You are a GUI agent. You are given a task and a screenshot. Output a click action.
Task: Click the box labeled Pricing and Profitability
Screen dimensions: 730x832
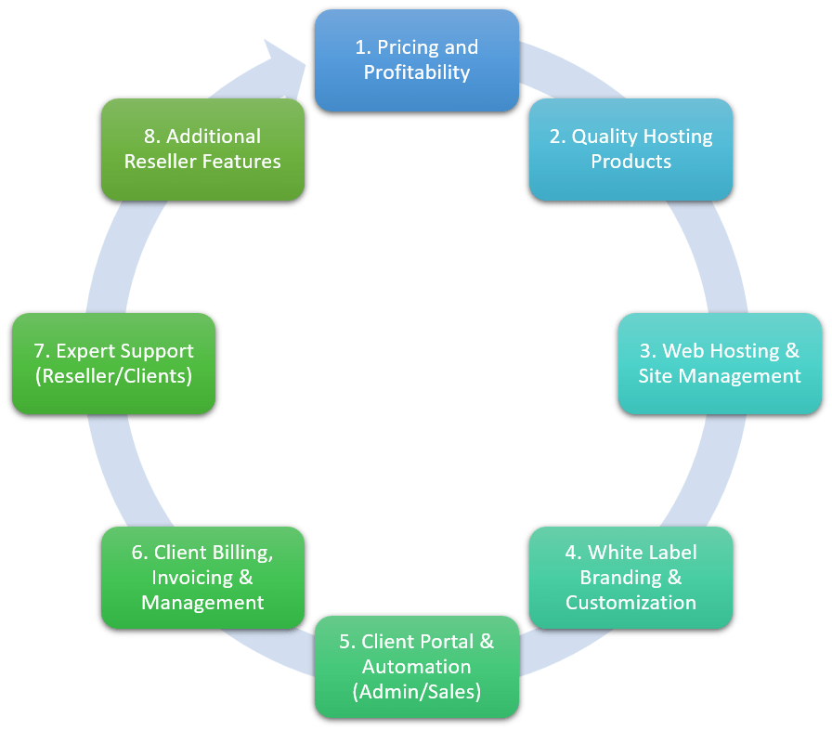(416, 60)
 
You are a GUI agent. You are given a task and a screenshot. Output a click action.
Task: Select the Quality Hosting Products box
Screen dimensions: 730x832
(630, 150)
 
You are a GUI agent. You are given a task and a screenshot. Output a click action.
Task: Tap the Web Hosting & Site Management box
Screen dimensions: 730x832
(720, 363)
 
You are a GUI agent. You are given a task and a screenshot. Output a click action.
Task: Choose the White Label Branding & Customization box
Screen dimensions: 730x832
(630, 577)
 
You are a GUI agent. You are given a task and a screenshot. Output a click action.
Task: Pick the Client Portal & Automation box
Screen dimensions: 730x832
(416, 666)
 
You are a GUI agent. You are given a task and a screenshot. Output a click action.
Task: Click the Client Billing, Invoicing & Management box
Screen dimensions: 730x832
(202, 577)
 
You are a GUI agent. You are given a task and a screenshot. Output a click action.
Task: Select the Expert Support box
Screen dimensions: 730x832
(113, 363)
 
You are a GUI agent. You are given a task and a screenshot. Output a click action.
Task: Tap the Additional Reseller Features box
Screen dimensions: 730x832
(202, 150)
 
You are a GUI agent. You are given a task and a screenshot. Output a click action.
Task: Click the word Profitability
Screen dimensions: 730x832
(416, 72)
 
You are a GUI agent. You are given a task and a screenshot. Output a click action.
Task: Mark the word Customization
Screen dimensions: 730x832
(630, 602)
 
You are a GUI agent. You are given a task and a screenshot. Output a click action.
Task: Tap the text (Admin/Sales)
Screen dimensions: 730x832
(416, 691)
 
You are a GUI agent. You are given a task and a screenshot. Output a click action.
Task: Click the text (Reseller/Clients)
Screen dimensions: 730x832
(113, 376)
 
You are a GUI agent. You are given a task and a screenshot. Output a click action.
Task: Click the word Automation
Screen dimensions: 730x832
(416, 666)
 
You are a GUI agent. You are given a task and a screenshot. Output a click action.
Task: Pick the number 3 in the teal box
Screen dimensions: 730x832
(645, 351)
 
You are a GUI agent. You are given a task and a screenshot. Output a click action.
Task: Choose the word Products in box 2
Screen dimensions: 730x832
(630, 162)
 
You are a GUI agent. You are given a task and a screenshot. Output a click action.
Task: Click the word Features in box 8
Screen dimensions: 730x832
(243, 162)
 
